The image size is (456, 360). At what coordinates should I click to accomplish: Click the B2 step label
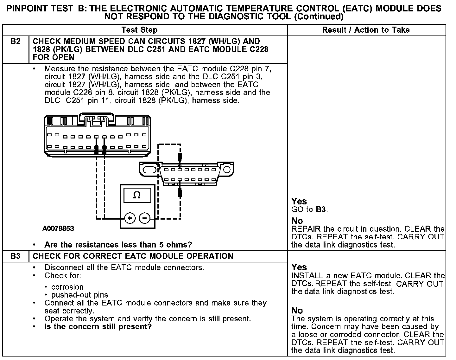pos(15,42)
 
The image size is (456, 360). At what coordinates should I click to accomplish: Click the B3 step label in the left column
pos(15,256)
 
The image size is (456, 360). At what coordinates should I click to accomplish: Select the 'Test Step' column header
pos(139,30)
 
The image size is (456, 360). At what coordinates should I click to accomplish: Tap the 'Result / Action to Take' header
pos(366,30)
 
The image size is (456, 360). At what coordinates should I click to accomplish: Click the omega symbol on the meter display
pos(137,195)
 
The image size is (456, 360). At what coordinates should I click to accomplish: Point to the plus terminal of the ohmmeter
pos(130,218)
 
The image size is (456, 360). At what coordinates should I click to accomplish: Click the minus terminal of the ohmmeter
pos(145,218)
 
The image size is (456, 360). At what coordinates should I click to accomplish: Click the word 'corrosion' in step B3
pos(67,287)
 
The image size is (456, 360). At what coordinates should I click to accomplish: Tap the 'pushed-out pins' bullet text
pos(79,295)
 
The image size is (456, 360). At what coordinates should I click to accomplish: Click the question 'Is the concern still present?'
pos(98,327)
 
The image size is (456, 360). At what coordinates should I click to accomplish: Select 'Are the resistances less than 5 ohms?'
pos(118,245)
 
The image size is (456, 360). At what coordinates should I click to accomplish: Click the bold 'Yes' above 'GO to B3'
pos(299,201)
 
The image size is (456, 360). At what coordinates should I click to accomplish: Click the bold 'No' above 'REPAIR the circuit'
pos(297,221)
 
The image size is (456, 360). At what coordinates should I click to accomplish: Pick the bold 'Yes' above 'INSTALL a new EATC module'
pos(299,267)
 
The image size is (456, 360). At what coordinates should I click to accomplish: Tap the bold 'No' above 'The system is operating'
pos(297,311)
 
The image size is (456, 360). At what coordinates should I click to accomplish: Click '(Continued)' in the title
pos(319,16)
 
